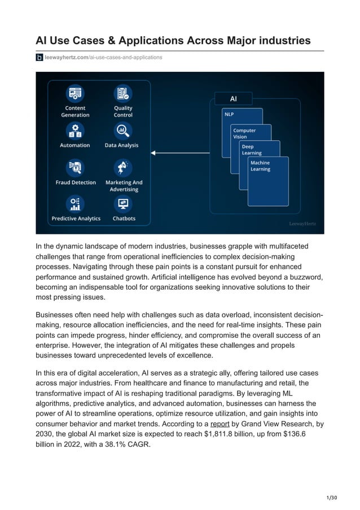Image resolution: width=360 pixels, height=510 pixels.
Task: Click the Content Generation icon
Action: click(x=75, y=93)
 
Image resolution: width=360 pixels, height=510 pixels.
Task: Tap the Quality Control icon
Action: click(x=122, y=93)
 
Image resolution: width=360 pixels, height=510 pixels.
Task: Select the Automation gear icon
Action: click(x=75, y=130)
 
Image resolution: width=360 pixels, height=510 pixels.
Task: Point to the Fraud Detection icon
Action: click(x=75, y=167)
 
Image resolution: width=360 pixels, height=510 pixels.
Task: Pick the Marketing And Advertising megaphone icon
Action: click(x=123, y=167)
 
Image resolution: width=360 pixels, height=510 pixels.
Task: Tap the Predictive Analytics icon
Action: click(x=75, y=203)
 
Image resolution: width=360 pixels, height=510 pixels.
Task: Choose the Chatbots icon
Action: click(x=123, y=203)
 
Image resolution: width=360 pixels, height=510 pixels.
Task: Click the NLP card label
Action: click(x=230, y=114)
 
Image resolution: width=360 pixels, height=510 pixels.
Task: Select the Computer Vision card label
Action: click(x=244, y=133)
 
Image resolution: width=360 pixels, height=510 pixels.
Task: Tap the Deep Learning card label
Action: click(x=252, y=150)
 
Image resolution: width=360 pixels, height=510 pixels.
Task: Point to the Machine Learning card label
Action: click(x=260, y=166)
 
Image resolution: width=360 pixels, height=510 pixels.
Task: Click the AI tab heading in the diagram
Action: click(x=233, y=99)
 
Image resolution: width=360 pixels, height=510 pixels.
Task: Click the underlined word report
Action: click(x=220, y=424)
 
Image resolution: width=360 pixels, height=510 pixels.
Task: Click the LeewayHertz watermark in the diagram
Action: click(x=302, y=224)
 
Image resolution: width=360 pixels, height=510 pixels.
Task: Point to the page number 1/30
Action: click(x=332, y=497)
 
